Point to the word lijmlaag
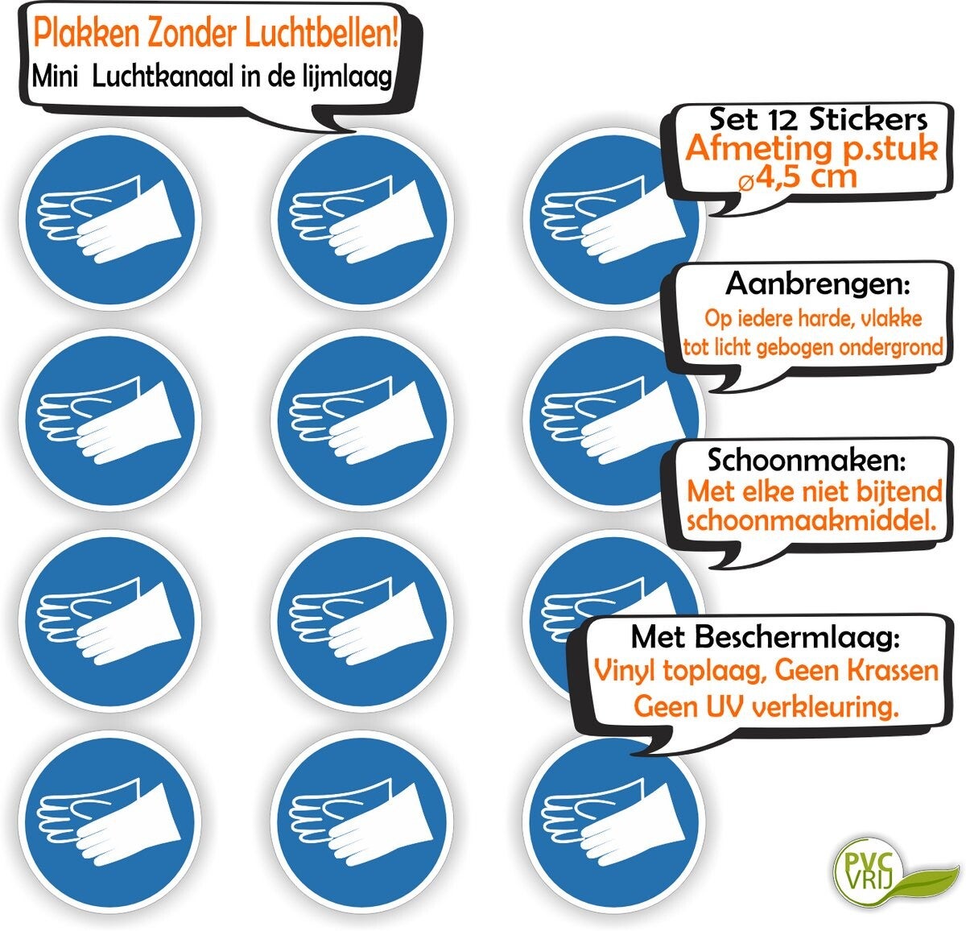pos(349,77)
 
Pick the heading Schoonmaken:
pos(806,461)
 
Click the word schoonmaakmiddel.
pos(811,520)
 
